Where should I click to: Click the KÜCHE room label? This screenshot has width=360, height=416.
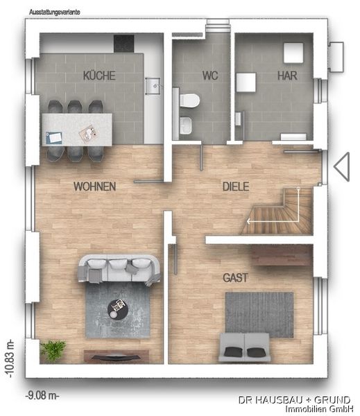click(x=98, y=76)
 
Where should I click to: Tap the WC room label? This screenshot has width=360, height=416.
click(x=210, y=76)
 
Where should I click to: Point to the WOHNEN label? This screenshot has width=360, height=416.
click(x=94, y=187)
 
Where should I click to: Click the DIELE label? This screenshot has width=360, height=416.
click(x=235, y=187)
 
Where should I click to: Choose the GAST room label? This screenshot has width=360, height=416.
click(x=235, y=277)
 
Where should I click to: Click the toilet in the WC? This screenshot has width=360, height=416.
click(x=187, y=101)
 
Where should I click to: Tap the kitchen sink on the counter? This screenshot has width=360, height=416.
click(x=153, y=87)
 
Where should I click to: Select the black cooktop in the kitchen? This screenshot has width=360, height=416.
click(x=123, y=43)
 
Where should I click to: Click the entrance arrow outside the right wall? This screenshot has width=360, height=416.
click(x=341, y=167)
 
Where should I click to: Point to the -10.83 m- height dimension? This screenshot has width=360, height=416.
click(x=10, y=357)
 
